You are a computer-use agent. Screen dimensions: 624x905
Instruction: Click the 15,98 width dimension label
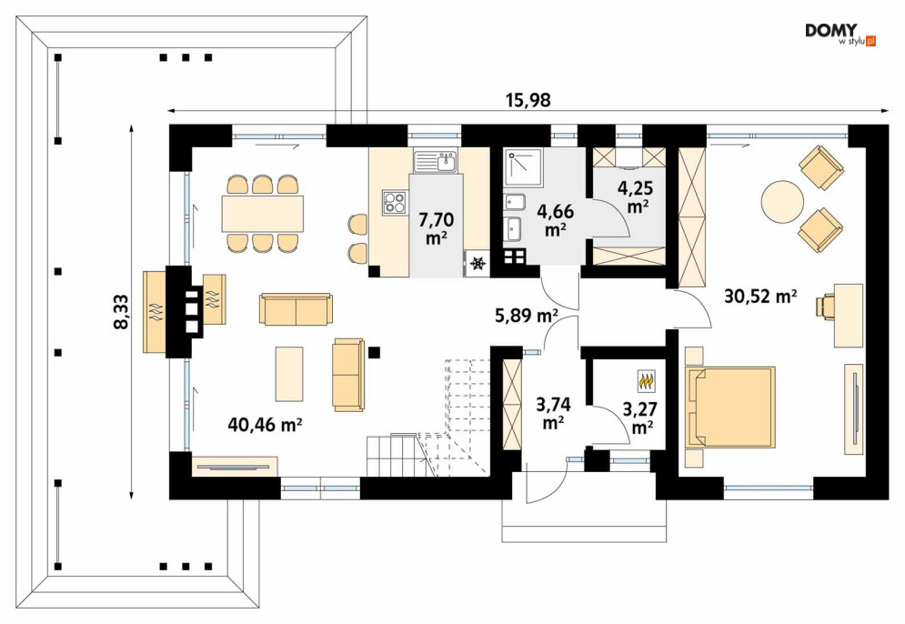[x=528, y=101]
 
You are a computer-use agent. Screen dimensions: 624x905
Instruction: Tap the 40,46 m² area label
[x=265, y=424]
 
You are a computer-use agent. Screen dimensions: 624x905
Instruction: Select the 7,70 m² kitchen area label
[x=436, y=228]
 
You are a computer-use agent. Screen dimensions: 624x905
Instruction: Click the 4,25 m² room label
[x=636, y=197]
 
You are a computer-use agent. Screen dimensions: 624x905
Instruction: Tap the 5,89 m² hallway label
[x=526, y=316]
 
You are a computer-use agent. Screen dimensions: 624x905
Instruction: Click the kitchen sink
[x=435, y=162]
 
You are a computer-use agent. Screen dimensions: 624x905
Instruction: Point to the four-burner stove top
[x=395, y=202]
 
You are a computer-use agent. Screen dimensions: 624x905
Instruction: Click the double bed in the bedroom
[x=730, y=407]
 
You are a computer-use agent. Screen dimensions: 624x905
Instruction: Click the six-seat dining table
[x=263, y=214]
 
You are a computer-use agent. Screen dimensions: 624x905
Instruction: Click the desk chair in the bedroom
[x=826, y=306]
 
